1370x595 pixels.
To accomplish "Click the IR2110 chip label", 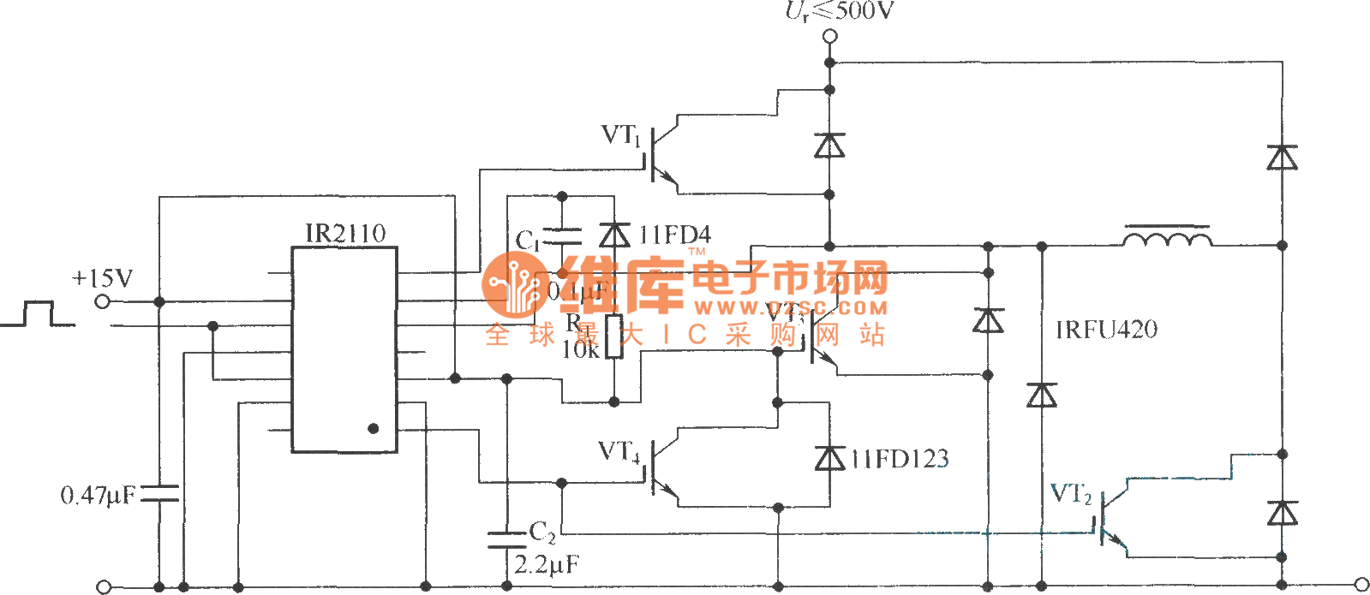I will [x=345, y=233].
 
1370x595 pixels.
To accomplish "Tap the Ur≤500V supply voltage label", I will [x=840, y=11].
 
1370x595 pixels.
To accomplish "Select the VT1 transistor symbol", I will [x=661, y=155].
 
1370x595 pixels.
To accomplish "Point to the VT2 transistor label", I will [x=1071, y=494].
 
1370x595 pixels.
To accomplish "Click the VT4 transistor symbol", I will [x=661, y=468].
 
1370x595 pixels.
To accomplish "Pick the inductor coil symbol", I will [x=1167, y=236].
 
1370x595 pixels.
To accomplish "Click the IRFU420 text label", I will [x=1106, y=330].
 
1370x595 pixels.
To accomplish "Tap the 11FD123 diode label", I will [x=900, y=459].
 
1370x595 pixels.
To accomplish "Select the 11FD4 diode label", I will [x=674, y=235].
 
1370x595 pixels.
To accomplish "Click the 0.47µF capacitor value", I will [x=98, y=495].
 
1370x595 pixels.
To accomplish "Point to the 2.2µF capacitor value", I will [x=547, y=565].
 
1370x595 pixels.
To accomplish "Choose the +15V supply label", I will [x=103, y=278].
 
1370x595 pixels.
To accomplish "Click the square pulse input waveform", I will [x=37, y=314].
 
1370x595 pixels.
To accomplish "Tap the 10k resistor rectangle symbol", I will [x=613, y=336].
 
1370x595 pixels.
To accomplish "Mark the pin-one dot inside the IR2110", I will [x=373, y=428].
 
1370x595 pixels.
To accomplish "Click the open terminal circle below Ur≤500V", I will [x=829, y=36].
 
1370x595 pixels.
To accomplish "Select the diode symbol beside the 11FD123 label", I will [x=829, y=459].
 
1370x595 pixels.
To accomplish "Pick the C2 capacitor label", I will [x=542, y=533].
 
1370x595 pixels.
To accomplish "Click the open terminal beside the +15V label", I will [x=103, y=301].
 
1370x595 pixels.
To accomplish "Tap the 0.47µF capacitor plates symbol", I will [x=159, y=493].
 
